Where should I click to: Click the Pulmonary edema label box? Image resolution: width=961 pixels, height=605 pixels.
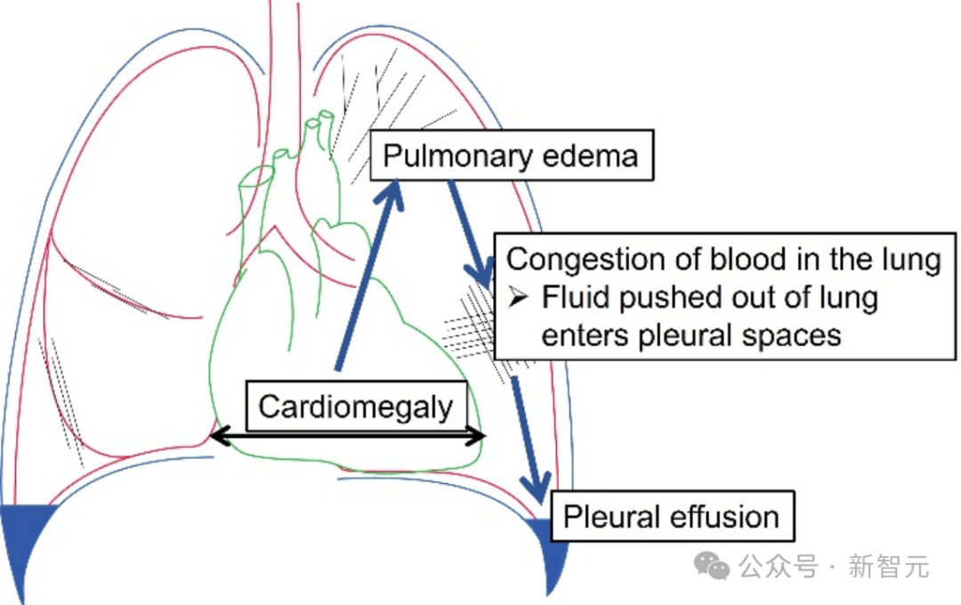511,157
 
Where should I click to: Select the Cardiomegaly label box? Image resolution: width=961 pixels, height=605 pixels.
355,407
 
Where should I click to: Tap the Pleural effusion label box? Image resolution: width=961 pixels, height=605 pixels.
672,516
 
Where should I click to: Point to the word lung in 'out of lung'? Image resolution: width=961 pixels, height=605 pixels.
851,297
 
